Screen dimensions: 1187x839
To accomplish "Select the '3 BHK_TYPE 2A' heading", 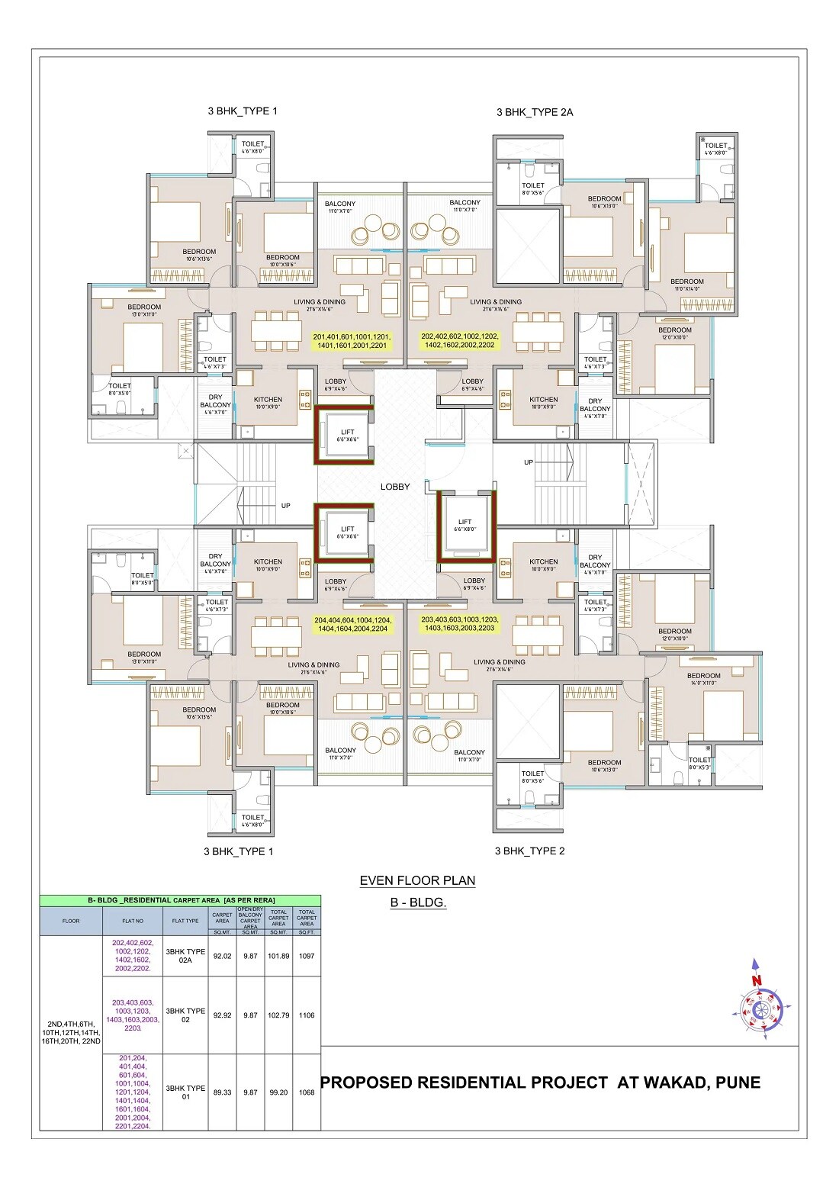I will click(x=534, y=112).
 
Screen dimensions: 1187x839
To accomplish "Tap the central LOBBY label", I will click(x=395, y=487).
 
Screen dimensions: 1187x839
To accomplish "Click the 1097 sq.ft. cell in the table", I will click(x=307, y=956).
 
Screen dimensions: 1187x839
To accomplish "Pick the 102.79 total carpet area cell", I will click(x=278, y=1015).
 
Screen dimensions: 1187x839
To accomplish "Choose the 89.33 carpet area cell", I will click(x=222, y=1092).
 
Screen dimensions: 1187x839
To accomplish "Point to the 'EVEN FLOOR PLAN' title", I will click(x=417, y=880).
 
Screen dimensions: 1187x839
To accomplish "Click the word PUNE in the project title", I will click(x=738, y=1082).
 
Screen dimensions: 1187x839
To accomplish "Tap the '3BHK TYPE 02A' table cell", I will click(x=185, y=956).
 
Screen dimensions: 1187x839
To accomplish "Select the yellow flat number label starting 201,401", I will click(x=351, y=341).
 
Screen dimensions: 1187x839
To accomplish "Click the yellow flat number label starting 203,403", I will click(x=459, y=624).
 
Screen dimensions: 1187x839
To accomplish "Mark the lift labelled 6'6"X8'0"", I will click(x=465, y=526).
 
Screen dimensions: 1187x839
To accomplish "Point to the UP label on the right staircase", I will click(x=529, y=462).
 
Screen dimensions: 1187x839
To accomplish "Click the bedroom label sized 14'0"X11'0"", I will click(x=703, y=680).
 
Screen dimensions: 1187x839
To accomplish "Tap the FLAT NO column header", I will click(x=133, y=921).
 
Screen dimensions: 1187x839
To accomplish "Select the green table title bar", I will click(x=180, y=900).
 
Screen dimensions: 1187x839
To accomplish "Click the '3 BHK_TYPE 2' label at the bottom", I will click(x=529, y=851).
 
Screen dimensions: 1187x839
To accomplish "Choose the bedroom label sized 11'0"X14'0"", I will click(x=687, y=285).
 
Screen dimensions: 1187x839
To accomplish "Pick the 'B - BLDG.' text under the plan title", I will click(x=418, y=902).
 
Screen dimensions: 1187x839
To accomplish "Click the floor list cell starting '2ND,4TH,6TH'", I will click(x=71, y=1032).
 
